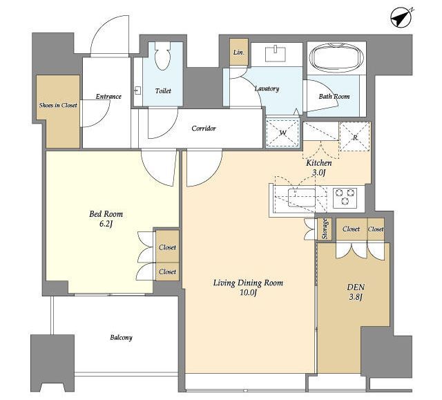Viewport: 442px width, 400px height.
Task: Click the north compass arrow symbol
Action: point(401,18)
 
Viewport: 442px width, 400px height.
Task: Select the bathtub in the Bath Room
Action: point(336,58)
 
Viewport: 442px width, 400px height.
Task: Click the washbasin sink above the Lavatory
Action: point(276,54)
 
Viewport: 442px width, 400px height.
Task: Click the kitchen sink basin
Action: point(302,198)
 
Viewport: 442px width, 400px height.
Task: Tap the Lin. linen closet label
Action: point(238,53)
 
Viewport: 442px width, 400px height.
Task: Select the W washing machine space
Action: point(282,133)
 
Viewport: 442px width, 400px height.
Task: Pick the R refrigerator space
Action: point(355,137)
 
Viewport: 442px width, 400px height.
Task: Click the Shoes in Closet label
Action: point(58,106)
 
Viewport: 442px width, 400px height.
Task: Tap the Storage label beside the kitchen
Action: point(325,229)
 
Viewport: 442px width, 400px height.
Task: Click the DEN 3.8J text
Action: point(356,292)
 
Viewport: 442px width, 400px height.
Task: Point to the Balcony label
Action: point(122,337)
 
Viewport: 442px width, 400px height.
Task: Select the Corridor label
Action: point(204,128)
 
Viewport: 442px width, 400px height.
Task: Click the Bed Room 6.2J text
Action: point(106,219)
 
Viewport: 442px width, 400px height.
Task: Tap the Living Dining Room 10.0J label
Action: point(248,287)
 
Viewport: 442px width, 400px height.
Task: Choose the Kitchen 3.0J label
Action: point(319,167)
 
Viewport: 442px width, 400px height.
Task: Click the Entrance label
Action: point(108,97)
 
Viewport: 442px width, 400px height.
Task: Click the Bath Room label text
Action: point(334,97)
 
